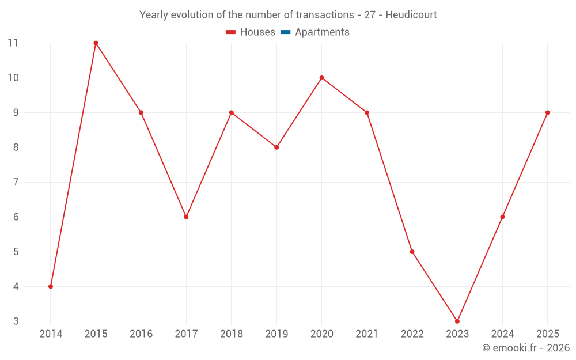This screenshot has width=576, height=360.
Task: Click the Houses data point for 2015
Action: pos(96,43)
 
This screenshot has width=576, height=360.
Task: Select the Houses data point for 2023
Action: pos(457,321)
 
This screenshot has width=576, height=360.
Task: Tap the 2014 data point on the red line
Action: pos(51,286)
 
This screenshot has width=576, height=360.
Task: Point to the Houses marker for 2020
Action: pos(321,78)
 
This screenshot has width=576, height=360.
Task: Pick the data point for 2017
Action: pos(186,217)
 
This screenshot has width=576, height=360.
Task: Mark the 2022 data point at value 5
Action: pos(412,252)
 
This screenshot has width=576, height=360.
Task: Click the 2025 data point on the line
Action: pos(547,112)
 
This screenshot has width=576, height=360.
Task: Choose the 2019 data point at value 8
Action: pos(276,147)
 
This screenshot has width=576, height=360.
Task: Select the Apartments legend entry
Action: pos(322,32)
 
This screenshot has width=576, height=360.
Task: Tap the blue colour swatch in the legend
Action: pos(286,32)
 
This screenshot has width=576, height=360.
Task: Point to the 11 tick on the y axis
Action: pos(13,43)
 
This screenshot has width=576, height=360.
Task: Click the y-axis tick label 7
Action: pos(16,182)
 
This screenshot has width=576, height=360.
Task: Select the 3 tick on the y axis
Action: pos(16,321)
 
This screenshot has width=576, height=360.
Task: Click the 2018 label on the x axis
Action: pos(231,334)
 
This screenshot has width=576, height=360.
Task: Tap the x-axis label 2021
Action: pos(367,334)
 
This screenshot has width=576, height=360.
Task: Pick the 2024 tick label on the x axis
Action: pos(502,334)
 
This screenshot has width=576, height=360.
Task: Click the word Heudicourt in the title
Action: pos(411,15)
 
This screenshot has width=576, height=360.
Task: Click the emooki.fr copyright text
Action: pos(526,348)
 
